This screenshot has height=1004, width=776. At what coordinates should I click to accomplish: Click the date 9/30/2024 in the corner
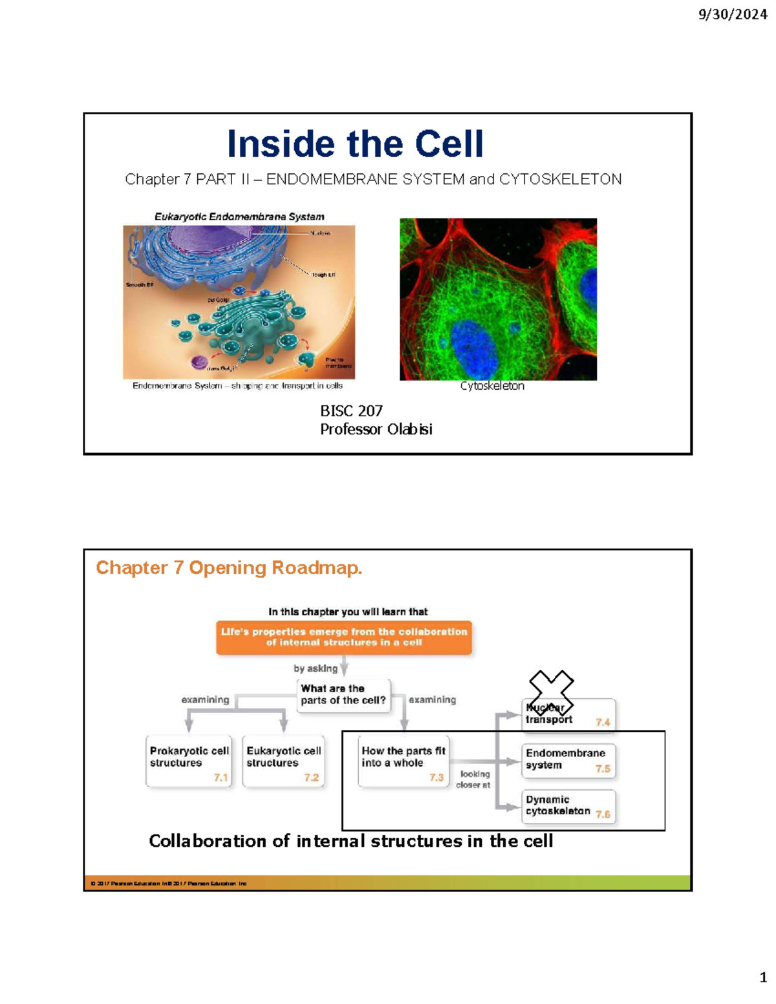pos(732,14)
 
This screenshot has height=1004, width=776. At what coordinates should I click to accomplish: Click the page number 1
pos(763,977)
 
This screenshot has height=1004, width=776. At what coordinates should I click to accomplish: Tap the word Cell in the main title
pos(449,144)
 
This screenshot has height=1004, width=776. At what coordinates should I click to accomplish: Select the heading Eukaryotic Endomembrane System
pos(239,217)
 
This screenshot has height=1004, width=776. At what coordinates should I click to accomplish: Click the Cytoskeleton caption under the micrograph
pos(492,386)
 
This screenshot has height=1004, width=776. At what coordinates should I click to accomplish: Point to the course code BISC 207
pos(351,411)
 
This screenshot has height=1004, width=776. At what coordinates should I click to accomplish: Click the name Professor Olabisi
pos(376,429)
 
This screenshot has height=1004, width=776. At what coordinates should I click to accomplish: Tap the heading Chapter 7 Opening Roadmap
pos(229,568)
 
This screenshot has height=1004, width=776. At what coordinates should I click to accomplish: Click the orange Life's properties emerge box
pos(343,637)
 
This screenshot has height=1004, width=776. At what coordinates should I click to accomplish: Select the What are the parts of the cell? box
pos(343,695)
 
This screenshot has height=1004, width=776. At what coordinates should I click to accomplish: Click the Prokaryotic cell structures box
pos(188,761)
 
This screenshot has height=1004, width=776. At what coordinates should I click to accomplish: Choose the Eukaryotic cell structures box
pos(283,761)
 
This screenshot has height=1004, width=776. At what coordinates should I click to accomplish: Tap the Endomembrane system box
pos(568,760)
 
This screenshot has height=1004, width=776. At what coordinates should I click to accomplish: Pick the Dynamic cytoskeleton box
pos(568,806)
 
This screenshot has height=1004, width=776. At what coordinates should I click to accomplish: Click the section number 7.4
pos(603,722)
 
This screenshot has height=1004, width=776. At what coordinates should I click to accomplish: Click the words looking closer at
pos(474,779)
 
